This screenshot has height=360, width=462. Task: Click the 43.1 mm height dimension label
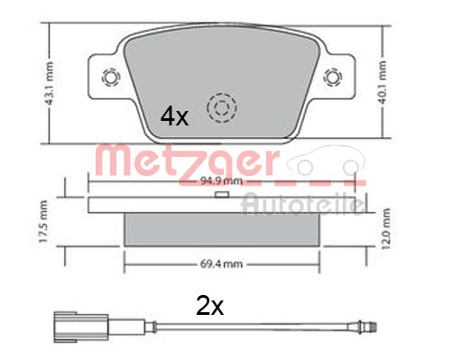[49, 84]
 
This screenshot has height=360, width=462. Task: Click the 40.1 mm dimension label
[383, 82]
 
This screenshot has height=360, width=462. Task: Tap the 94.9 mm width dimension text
[221, 181]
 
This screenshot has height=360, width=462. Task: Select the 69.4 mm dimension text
[221, 264]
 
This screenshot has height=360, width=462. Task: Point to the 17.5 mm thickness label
[43, 222]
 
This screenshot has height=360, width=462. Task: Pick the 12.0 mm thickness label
[385, 229]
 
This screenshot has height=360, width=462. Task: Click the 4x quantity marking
[174, 117]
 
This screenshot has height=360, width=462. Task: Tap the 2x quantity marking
[210, 306]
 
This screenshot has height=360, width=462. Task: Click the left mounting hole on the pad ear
[111, 77]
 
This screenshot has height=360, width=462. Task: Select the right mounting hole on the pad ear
[333, 77]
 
